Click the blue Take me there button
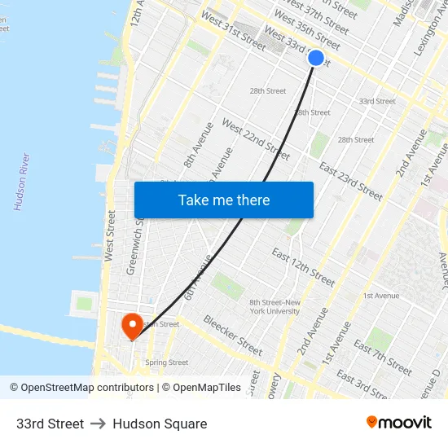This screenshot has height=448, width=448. (x=224, y=200)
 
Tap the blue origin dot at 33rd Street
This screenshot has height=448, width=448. (x=316, y=58)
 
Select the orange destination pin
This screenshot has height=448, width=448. (x=131, y=327)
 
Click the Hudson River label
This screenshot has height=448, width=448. (x=22, y=182)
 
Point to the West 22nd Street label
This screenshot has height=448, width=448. (x=256, y=139)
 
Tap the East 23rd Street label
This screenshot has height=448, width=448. (x=350, y=181)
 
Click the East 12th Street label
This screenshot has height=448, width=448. (x=303, y=266)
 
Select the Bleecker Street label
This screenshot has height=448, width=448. (x=232, y=335)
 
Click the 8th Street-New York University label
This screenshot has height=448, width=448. (x=275, y=306)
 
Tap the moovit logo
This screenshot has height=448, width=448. (x=398, y=423)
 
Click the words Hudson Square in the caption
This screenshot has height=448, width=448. (x=160, y=424)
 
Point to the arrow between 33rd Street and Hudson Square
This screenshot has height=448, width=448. (x=99, y=424)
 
